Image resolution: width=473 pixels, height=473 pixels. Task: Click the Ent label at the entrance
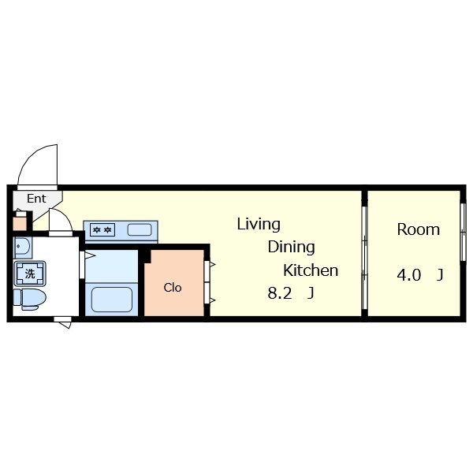pyautogui.click(x=36, y=199)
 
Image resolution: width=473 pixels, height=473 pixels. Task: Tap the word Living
pyautogui.click(x=259, y=225)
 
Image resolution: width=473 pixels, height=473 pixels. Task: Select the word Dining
pyautogui.click(x=291, y=248)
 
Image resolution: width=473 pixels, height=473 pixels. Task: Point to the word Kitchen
pyautogui.click(x=311, y=270)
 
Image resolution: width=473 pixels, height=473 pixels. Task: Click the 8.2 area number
pyautogui.click(x=280, y=293)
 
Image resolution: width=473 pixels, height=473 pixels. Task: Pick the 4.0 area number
pyautogui.click(x=408, y=275)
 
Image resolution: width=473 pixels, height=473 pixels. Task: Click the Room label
pyautogui.click(x=418, y=229)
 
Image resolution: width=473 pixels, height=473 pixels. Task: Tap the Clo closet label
pyautogui.click(x=173, y=288)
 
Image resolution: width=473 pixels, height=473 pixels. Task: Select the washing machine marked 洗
pyautogui.click(x=30, y=274)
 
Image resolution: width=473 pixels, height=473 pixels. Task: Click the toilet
pyautogui.click(x=29, y=300)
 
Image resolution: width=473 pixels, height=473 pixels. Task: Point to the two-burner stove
pyautogui.click(x=102, y=230)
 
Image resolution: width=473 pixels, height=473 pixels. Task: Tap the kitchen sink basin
pyautogui.click(x=140, y=230)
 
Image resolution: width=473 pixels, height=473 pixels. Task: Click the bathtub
pyautogui.click(x=112, y=300)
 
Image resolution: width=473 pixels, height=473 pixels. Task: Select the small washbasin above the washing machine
pyautogui.click(x=23, y=247)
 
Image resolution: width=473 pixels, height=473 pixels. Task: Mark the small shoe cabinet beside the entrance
pyautogui.click(x=20, y=222)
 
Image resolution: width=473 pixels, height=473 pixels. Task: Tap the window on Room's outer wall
pyautogui.click(x=463, y=232)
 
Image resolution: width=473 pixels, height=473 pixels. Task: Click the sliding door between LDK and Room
pyautogui.click(x=364, y=258)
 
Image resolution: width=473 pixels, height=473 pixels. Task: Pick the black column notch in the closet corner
pyautogui.click(x=147, y=256)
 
